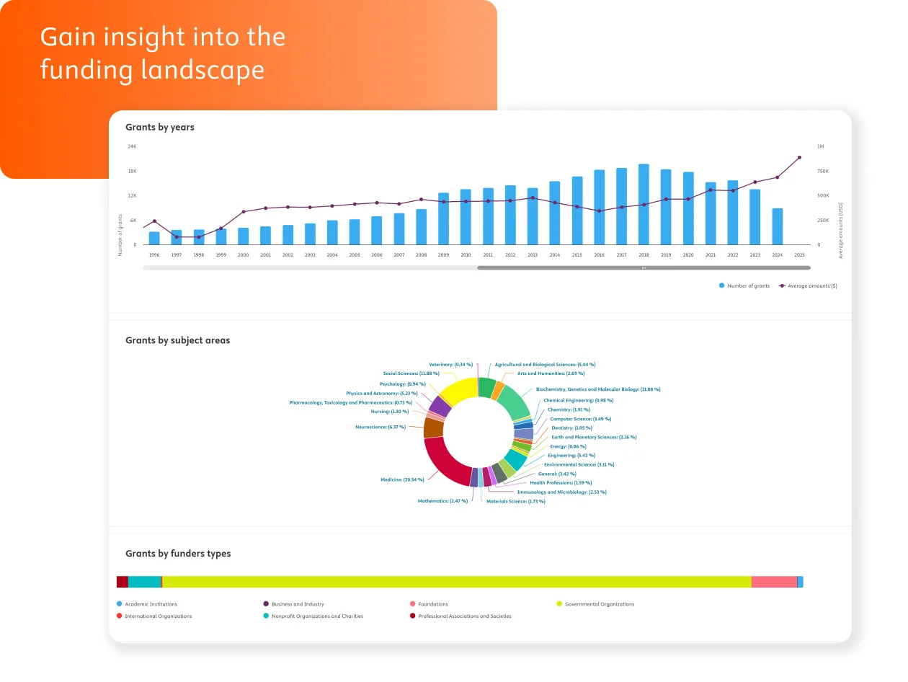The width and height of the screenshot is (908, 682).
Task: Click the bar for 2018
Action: pyautogui.click(x=644, y=205)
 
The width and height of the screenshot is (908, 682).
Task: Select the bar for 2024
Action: pyautogui.click(x=777, y=226)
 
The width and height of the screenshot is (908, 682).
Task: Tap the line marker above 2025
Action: pyautogui.click(x=799, y=157)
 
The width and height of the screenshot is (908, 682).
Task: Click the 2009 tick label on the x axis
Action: pyautogui.click(x=443, y=255)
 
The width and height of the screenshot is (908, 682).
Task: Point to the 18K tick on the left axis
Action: pyautogui.click(x=132, y=171)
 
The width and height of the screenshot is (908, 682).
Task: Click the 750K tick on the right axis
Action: pyautogui.click(x=822, y=171)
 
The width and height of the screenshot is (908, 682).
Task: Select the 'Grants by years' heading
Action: pyautogui.click(x=160, y=127)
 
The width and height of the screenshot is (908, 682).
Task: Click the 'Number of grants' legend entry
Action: pyautogui.click(x=748, y=286)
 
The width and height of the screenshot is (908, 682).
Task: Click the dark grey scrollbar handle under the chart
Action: pyautogui.click(x=643, y=267)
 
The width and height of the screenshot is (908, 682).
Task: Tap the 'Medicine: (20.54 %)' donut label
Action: pyautogui.click(x=402, y=479)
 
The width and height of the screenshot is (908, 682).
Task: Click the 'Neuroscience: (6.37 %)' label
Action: pyautogui.click(x=380, y=427)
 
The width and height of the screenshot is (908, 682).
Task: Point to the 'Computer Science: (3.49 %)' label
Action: pyautogui.click(x=580, y=419)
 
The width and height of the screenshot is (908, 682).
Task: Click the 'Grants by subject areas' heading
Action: pyautogui.click(x=177, y=340)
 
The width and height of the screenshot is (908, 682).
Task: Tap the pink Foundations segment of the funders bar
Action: pyautogui.click(x=774, y=582)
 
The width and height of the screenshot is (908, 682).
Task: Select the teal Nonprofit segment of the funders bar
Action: pyautogui.click(x=144, y=582)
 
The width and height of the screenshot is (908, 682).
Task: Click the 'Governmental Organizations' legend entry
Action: pyautogui.click(x=600, y=604)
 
